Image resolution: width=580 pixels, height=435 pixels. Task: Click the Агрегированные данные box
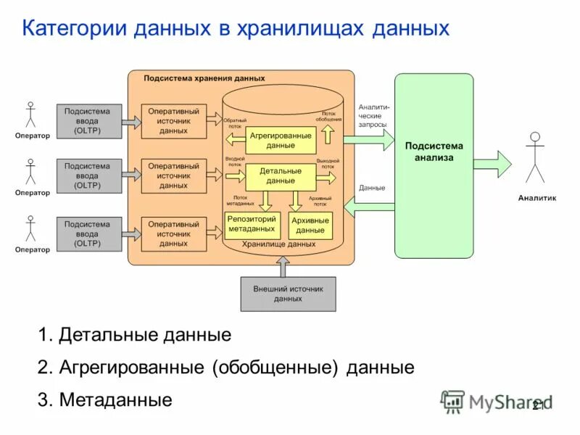(x=281, y=140)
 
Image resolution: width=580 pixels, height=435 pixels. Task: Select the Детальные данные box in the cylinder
(x=281, y=176)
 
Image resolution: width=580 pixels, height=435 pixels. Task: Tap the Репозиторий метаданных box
(x=251, y=223)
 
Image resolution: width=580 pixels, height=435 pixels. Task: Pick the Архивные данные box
(x=310, y=225)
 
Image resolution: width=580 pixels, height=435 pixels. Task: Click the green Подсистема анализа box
(x=434, y=165)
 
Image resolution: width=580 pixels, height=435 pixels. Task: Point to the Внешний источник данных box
(x=288, y=294)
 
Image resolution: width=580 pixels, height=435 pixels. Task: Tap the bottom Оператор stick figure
(x=30, y=228)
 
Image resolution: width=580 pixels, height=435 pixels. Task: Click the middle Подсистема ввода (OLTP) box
(x=87, y=176)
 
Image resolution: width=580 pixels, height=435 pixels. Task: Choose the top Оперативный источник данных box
(x=173, y=121)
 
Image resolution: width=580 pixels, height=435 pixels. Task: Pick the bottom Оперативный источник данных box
(x=173, y=234)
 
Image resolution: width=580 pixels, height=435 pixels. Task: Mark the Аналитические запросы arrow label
(x=373, y=115)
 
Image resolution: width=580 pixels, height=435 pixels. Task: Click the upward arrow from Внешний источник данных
(x=288, y=268)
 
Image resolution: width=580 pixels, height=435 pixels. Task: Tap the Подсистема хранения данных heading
(x=204, y=78)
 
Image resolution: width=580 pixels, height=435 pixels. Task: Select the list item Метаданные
(x=115, y=399)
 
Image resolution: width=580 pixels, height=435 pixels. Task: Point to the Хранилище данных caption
(x=278, y=244)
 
